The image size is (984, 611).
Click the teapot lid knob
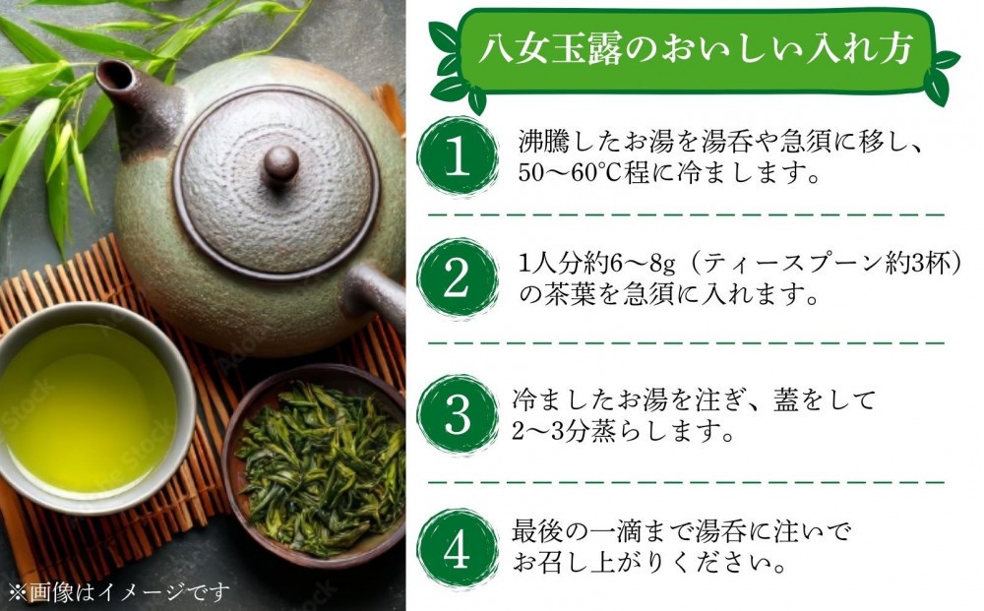(x=279, y=164)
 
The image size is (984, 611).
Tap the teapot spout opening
(x=113, y=73)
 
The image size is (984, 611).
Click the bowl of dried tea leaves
(x=315, y=465)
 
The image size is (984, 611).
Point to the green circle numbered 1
(x=457, y=156)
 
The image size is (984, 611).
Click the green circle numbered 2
(x=457, y=277)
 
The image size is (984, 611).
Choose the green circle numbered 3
(x=457, y=415)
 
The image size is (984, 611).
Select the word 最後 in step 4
(x=537, y=530)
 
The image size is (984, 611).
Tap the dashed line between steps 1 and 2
(x=686, y=215)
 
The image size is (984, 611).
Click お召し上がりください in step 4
(x=648, y=562)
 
